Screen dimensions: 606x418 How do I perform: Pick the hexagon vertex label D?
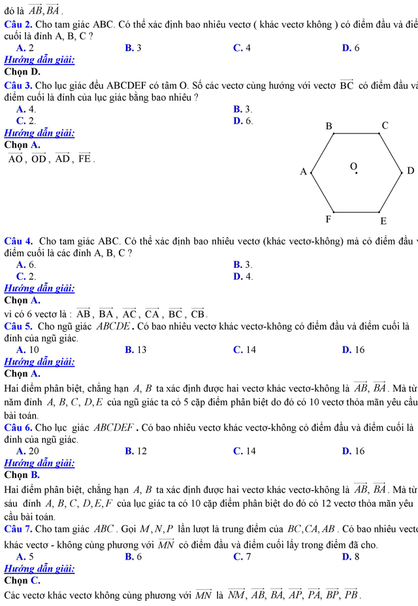410,171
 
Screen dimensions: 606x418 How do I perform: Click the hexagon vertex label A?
302,172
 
